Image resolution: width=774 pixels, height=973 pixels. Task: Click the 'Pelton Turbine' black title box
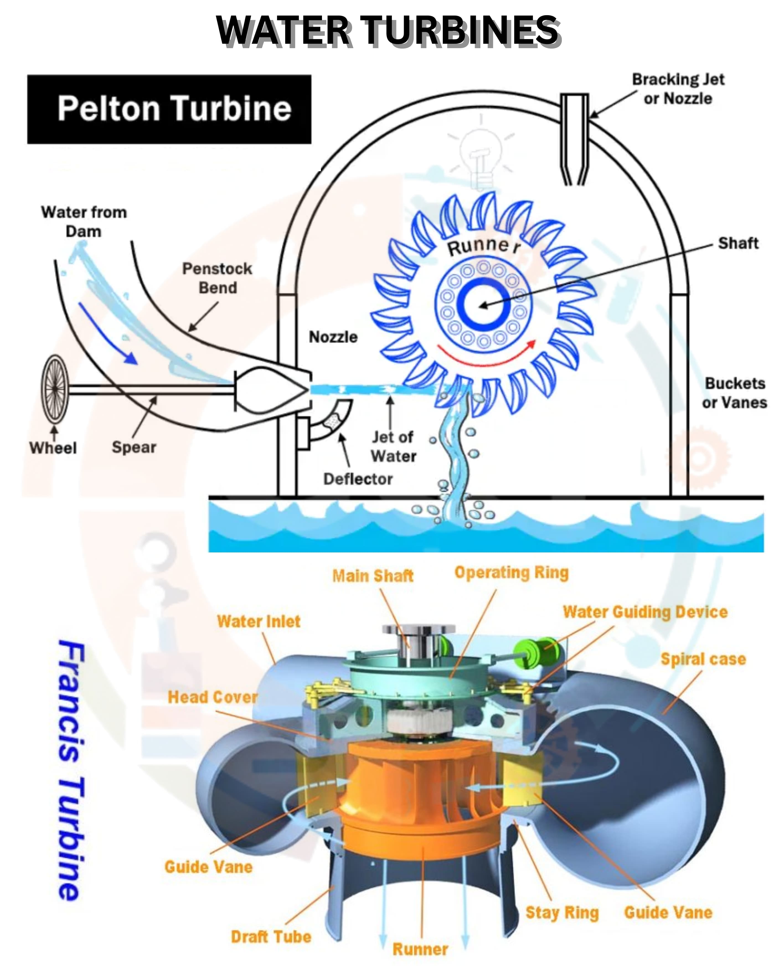pos(169,109)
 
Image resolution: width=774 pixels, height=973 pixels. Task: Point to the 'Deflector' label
pos(358,479)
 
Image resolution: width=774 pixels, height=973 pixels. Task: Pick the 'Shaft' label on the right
pos(738,243)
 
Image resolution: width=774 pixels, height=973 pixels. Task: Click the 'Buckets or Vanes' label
pos(734,393)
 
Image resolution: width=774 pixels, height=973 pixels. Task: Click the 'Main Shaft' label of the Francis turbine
pos(373,576)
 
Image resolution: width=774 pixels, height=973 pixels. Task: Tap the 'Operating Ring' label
pos(511,572)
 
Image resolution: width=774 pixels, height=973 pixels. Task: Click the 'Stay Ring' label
pos(562,913)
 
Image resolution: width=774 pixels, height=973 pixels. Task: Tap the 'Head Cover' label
pos(213,697)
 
